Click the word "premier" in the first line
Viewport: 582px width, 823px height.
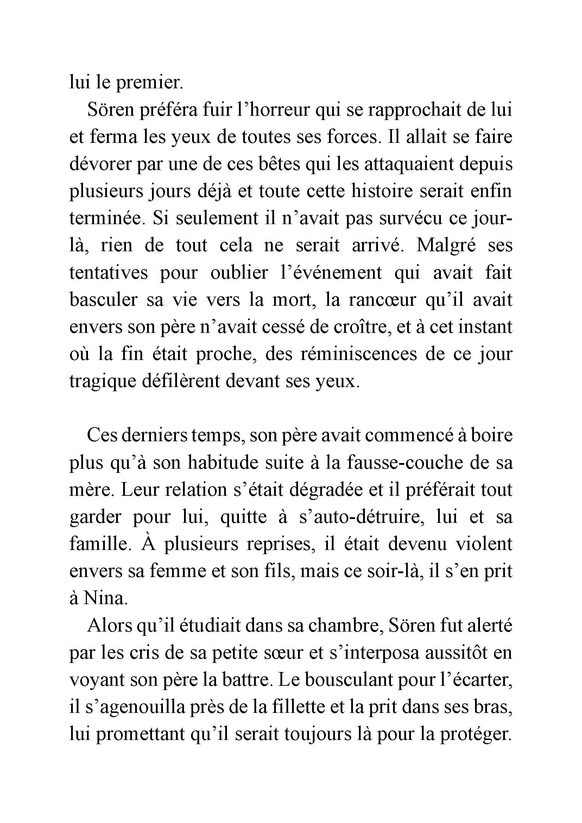pos(150,83)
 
